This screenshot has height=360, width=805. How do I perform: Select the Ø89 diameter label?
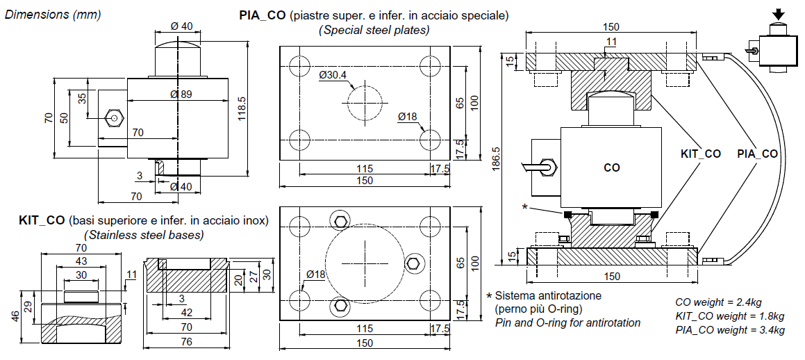point(181,95)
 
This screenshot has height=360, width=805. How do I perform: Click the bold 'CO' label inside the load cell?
point(611,167)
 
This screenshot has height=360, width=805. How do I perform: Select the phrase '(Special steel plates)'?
point(374,30)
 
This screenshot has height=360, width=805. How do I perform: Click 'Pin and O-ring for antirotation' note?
point(567,322)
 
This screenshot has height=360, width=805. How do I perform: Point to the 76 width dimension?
point(187,342)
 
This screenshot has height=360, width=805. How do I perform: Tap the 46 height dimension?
point(15,315)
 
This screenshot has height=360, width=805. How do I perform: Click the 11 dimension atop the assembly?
point(611,42)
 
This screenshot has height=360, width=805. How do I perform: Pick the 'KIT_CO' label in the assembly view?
point(700,154)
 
